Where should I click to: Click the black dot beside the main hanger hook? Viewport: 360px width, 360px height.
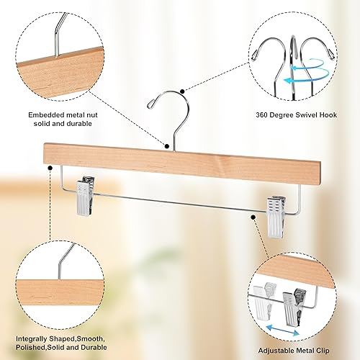point(183,91)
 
